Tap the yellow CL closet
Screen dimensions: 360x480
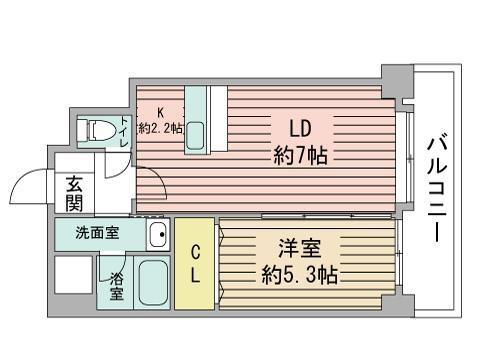tap(196, 263)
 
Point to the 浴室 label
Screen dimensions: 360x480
tap(116, 285)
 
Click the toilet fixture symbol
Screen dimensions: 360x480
tap(96, 130)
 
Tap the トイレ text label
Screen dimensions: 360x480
tap(123, 135)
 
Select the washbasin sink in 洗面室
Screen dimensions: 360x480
tap(156, 237)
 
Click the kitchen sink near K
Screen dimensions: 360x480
tap(196, 136)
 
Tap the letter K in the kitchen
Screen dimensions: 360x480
tap(160, 113)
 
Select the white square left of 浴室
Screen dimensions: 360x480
tap(75, 283)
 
